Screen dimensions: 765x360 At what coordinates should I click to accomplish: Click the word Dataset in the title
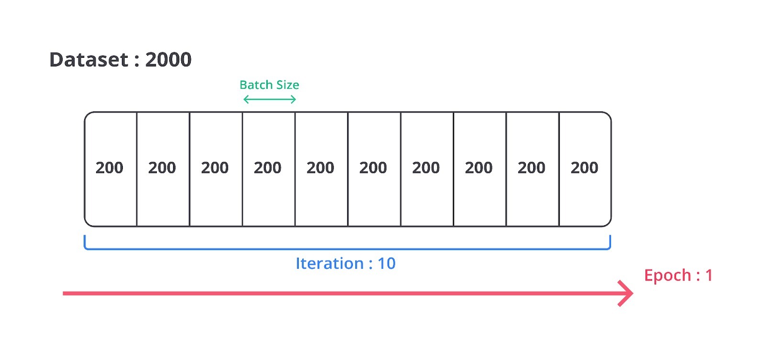pyautogui.click(x=89, y=59)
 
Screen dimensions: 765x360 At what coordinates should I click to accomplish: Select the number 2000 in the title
pyautogui.click(x=168, y=59)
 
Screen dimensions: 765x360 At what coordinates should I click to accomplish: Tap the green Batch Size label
pyautogui.click(x=269, y=85)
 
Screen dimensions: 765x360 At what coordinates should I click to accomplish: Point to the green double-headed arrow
pyautogui.click(x=270, y=99)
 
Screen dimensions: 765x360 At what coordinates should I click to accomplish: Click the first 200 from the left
pyautogui.click(x=109, y=168)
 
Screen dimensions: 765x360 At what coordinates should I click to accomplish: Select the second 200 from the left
pyautogui.click(x=162, y=168)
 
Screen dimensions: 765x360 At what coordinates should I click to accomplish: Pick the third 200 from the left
pyautogui.click(x=215, y=168)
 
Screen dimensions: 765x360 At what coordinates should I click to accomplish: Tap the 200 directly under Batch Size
pyautogui.click(x=267, y=168)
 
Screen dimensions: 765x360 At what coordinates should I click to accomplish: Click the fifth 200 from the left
pyautogui.click(x=320, y=168)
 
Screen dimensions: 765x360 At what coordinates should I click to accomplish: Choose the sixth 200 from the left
pyautogui.click(x=373, y=168)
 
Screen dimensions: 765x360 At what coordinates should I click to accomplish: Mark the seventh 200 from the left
pyautogui.click(x=426, y=168)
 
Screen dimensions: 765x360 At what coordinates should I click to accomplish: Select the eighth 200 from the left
pyautogui.click(x=479, y=168)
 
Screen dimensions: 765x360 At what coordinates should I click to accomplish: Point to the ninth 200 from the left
pyautogui.click(x=531, y=168)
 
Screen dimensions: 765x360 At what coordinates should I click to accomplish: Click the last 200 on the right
pyautogui.click(x=584, y=168)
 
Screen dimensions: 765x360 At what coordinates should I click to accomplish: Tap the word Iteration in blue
pyautogui.click(x=329, y=263)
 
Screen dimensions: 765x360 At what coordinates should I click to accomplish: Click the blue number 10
pyautogui.click(x=387, y=263)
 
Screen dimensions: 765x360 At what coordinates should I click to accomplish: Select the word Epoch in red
pyautogui.click(x=667, y=275)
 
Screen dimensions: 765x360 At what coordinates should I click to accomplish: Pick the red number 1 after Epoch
pyautogui.click(x=709, y=275)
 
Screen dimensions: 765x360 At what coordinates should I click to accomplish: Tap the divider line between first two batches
pyautogui.click(x=137, y=169)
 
